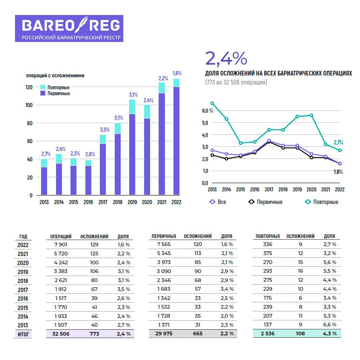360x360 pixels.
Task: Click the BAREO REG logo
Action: [69, 28]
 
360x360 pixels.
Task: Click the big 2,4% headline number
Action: [226, 58]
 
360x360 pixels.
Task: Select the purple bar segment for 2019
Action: [132, 154]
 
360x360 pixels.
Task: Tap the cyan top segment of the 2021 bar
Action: [162, 88]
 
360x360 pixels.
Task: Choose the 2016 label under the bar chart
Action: [88, 202]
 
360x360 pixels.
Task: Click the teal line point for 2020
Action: [311, 115]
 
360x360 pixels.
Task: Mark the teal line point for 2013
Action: [212, 103]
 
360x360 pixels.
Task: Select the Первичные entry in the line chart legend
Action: [269, 202]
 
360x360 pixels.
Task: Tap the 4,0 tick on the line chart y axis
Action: [205, 135]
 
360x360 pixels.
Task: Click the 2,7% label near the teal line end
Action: [338, 143]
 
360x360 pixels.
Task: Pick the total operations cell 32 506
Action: [61, 333]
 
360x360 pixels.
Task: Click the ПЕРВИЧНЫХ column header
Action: [164, 236]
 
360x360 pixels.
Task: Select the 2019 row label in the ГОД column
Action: [23, 272]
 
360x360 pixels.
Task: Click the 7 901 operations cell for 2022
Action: [61, 245]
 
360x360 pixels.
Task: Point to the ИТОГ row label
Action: [23, 334]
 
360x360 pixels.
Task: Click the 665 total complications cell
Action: [198, 333]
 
